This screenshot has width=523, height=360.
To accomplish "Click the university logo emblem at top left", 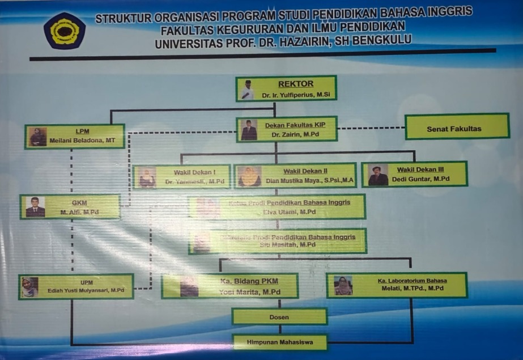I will [65, 31].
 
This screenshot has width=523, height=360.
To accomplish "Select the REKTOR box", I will [286, 89].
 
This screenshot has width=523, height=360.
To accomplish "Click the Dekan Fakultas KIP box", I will [287, 129].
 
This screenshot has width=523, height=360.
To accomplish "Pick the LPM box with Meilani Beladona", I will [74, 137].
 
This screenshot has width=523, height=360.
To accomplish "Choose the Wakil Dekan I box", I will [182, 176].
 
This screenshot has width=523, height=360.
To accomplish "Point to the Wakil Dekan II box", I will [295, 176].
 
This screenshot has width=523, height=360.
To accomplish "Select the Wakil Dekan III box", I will [414, 174].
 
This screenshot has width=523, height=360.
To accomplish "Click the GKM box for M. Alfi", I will [70, 206].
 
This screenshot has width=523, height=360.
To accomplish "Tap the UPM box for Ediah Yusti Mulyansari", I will [76, 287].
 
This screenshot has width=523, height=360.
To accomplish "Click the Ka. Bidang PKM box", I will [229, 286].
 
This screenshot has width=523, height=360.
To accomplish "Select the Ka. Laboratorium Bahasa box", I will [397, 285].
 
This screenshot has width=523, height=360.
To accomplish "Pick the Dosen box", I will [279, 317].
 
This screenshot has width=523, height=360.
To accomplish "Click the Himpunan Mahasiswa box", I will [280, 342].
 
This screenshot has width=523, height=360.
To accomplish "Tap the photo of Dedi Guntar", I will [378, 175].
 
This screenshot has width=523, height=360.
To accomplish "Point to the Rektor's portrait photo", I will [247, 90].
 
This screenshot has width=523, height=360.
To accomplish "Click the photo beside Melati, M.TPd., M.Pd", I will [343, 285].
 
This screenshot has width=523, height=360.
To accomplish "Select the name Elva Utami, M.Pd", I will [289, 212].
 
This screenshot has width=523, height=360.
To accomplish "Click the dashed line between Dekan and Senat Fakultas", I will [371, 128].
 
